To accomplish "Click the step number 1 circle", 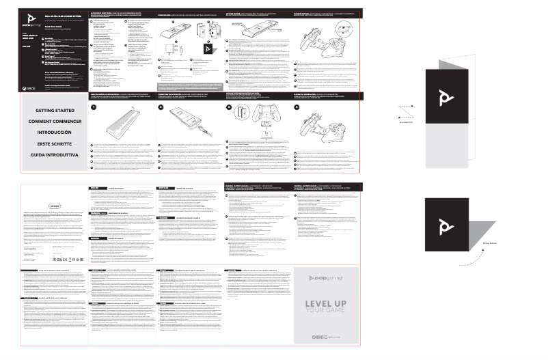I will [x=94, y=107].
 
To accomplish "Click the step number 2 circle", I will [x=161, y=107].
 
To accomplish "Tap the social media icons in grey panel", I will [x=320, y=336].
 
